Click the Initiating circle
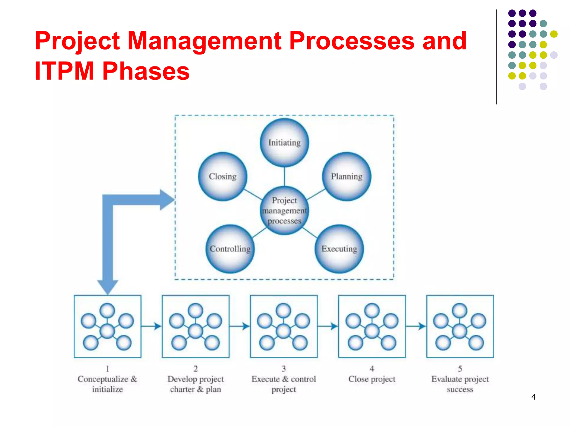pyautogui.click(x=284, y=143)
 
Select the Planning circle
pyautogui.click(x=347, y=177)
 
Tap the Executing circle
pyautogui.click(x=339, y=249)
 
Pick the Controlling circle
pyautogui.click(x=230, y=249)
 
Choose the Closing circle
pyautogui.click(x=223, y=177)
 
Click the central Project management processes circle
pyautogui.click(x=284, y=210)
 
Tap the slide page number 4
pyautogui.click(x=533, y=397)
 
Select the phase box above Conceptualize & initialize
pyautogui.click(x=107, y=326)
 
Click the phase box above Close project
pyautogui.click(x=372, y=326)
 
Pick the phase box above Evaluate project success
pyautogui.click(x=460, y=326)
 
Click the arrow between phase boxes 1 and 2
pyautogui.click(x=152, y=326)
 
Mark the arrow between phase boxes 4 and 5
pyautogui.click(x=416, y=326)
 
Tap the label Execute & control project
pyautogui.click(x=284, y=384)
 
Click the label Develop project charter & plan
pyautogui.click(x=195, y=384)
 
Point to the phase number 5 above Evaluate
pyautogui.click(x=460, y=369)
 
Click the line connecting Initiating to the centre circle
pyautogui.click(x=284, y=177)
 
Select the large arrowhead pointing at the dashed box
pyautogui.click(x=167, y=200)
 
